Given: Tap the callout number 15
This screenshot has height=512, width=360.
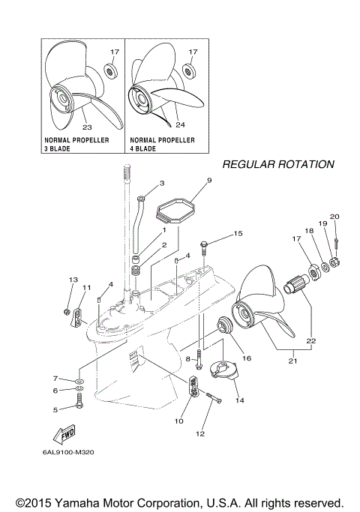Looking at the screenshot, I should pos(238,234).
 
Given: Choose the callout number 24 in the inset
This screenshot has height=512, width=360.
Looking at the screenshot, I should pos(180,124).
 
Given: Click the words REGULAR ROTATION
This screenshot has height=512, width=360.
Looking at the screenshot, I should pos(277,164).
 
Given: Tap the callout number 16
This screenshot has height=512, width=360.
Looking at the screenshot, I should pos(246,358).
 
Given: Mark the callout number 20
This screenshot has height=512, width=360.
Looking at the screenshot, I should pos(335,217).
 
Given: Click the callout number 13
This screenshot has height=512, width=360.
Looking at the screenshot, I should pos(73,280).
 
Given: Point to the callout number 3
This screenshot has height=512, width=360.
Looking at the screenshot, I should pos(161,183).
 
